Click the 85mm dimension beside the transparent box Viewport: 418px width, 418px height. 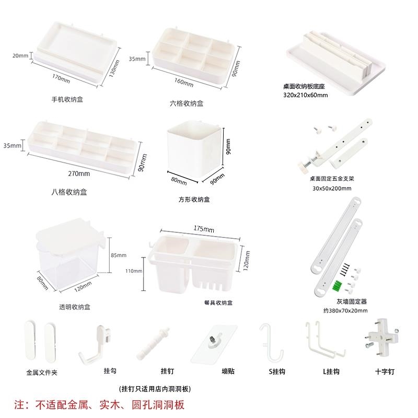click(x=119, y=255)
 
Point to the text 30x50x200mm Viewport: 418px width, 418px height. click(x=331, y=189)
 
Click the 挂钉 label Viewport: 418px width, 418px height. click(x=167, y=370)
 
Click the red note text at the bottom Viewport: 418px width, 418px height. click(x=99, y=404)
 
